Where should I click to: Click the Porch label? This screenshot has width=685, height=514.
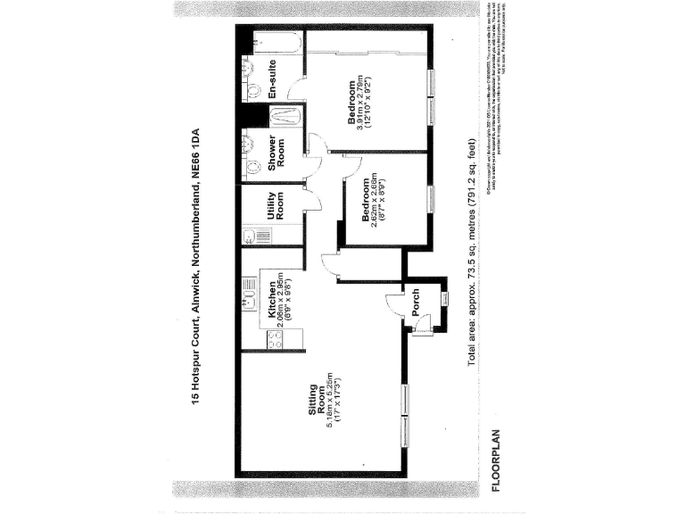pyautogui.click(x=416, y=304)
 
